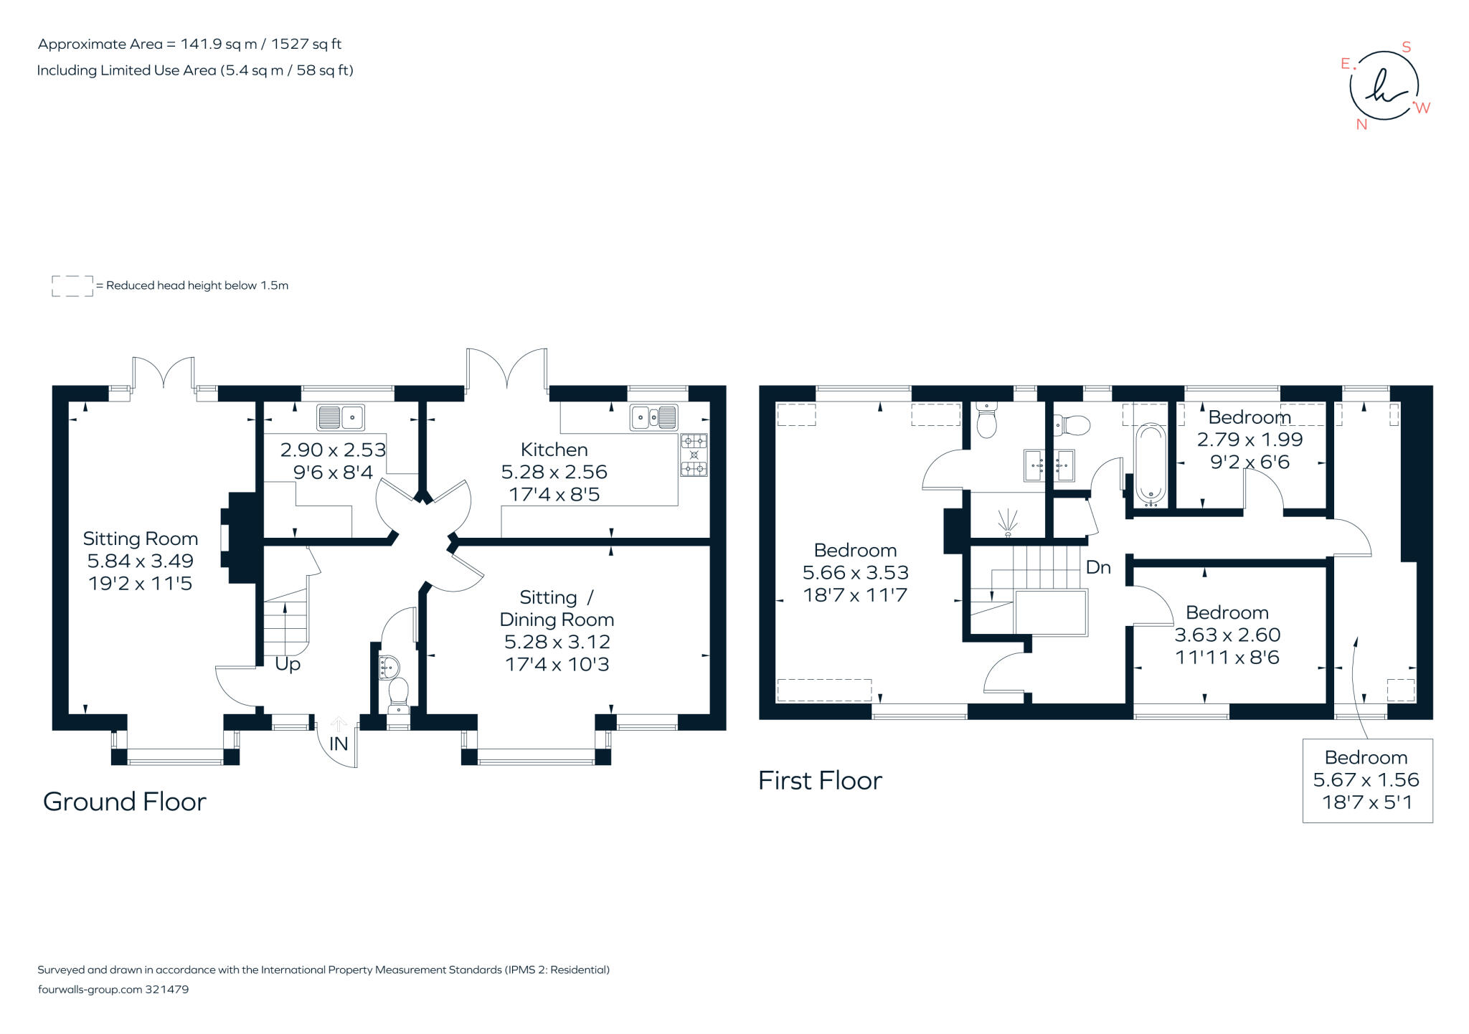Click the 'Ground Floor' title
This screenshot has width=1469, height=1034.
(x=125, y=802)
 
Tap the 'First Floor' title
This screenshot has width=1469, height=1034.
(x=820, y=781)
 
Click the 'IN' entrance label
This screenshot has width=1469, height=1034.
(x=339, y=744)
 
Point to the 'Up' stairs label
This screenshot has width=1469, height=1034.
(x=288, y=665)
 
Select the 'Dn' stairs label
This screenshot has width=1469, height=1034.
(x=1098, y=567)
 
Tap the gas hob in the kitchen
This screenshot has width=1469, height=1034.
(x=694, y=455)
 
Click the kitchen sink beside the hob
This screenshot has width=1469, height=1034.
(x=653, y=417)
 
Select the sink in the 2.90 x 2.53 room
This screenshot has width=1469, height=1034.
(x=341, y=417)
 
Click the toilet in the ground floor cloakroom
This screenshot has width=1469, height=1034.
(x=398, y=695)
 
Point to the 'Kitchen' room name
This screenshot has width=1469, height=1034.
(x=554, y=450)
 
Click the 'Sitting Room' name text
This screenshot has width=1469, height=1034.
(x=141, y=539)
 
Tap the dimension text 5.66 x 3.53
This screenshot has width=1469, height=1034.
(x=856, y=572)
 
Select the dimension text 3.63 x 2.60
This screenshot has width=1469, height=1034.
(x=1227, y=635)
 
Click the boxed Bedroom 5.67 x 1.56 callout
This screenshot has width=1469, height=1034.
(x=1367, y=780)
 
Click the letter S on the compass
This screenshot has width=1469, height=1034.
(x=1407, y=47)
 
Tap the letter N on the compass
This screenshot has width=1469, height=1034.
(x=1361, y=124)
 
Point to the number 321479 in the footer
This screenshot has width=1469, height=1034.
(x=167, y=990)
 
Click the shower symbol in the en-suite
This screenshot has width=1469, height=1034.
(x=1008, y=523)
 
